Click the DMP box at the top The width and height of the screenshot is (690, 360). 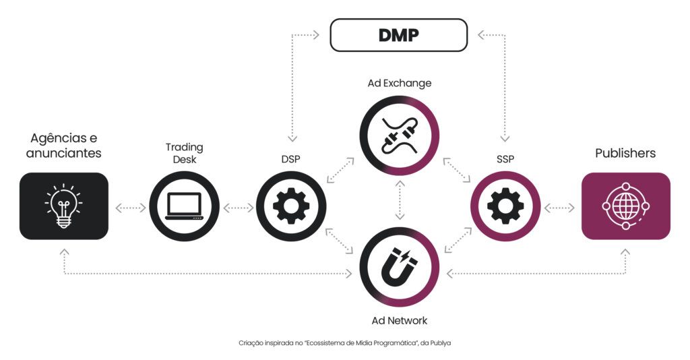(x=398, y=34)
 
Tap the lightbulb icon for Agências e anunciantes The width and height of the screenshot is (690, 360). (x=63, y=206)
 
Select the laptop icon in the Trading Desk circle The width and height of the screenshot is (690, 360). (x=184, y=206)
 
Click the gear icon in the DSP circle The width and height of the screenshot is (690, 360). (x=291, y=206)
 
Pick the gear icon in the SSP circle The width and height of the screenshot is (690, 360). (x=505, y=206)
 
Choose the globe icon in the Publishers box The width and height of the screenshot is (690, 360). (x=625, y=206)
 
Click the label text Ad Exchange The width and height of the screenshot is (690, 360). (x=400, y=84)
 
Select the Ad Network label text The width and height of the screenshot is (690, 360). (x=400, y=320)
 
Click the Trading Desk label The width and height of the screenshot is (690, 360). (x=184, y=153)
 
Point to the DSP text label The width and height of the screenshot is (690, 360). (x=291, y=160)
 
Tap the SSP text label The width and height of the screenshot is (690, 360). (x=505, y=160)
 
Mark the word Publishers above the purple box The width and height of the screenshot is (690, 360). (x=625, y=153)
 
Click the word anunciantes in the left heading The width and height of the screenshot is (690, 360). (x=63, y=153)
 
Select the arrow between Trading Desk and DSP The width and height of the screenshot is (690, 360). (x=238, y=208)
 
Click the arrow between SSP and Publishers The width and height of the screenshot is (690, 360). (x=559, y=208)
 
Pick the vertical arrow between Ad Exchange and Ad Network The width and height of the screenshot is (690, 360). (x=400, y=201)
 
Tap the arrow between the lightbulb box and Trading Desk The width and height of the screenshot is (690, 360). (x=130, y=208)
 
